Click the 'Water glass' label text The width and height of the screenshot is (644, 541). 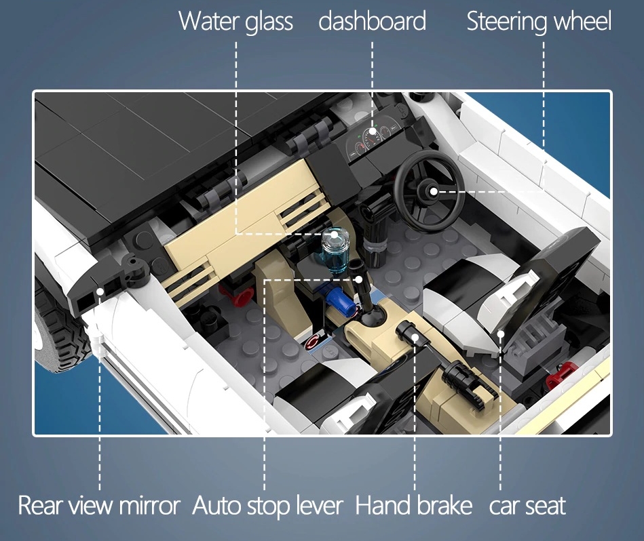tap(235, 21)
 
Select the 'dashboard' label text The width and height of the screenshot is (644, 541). tap(372, 20)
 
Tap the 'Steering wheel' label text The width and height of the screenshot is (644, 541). tap(539, 21)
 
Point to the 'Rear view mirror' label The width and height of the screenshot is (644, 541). tap(99, 505)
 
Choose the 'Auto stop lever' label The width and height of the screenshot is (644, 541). tap(267, 505)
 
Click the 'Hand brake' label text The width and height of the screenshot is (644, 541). tap(413, 505)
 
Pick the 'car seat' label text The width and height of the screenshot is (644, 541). tap(527, 506)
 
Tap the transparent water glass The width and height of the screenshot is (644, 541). tap(335, 249)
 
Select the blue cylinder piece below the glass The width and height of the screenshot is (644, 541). tap(340, 300)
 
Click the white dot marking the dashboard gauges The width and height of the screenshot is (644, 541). tap(372, 132)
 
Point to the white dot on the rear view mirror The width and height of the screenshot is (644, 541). tap(100, 292)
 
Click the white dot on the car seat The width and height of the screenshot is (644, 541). tap(501, 334)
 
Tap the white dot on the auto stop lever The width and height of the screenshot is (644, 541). tap(358, 280)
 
